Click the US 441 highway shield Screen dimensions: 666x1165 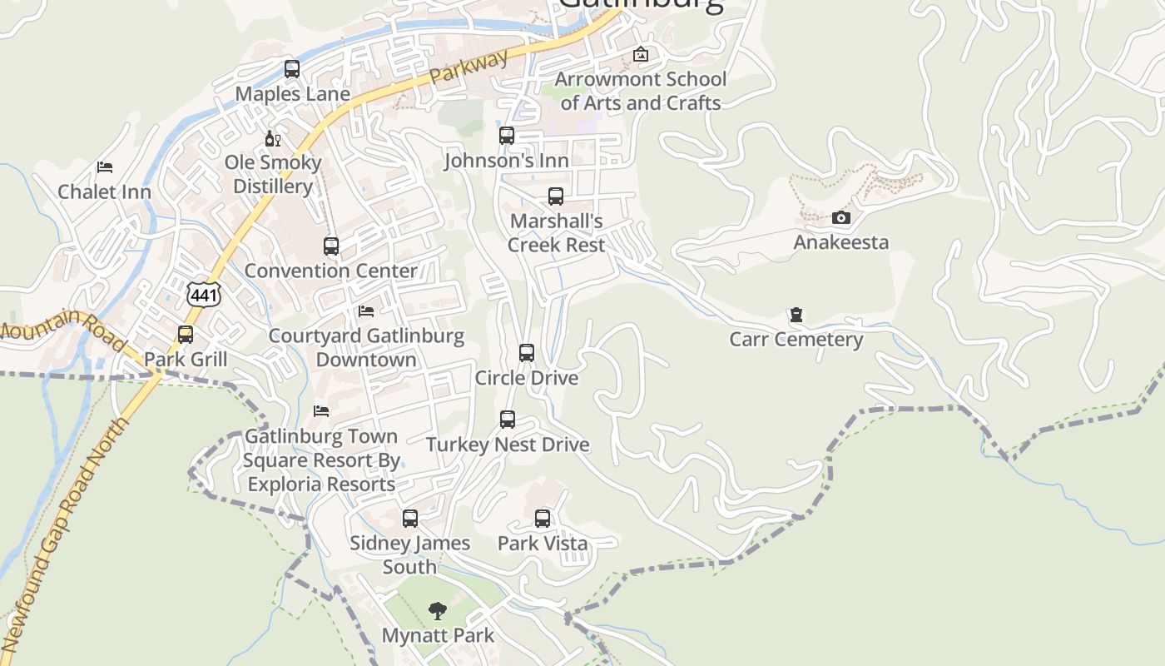[204, 295]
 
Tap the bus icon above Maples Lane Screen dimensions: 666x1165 [292, 69]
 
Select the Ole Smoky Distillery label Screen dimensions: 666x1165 [273, 174]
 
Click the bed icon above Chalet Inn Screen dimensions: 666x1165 [105, 167]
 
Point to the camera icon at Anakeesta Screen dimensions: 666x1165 [841, 218]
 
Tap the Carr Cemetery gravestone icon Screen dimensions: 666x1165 [796, 316]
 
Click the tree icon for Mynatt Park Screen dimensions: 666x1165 [438, 612]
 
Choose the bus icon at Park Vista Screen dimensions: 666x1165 [543, 519]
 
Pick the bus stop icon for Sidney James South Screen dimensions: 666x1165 [410, 519]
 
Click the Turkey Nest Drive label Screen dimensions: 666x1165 [508, 445]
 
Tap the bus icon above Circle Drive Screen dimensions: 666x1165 [527, 353]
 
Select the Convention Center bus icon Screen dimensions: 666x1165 [331, 246]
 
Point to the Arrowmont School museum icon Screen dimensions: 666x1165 [641, 55]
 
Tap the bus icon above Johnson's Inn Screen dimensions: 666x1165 [507, 136]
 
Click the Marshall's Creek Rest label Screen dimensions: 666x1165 [556, 233]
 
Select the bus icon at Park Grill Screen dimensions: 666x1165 [186, 335]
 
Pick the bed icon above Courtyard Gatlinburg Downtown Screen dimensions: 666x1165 [366, 311]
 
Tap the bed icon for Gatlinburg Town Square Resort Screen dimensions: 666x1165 [321, 411]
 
